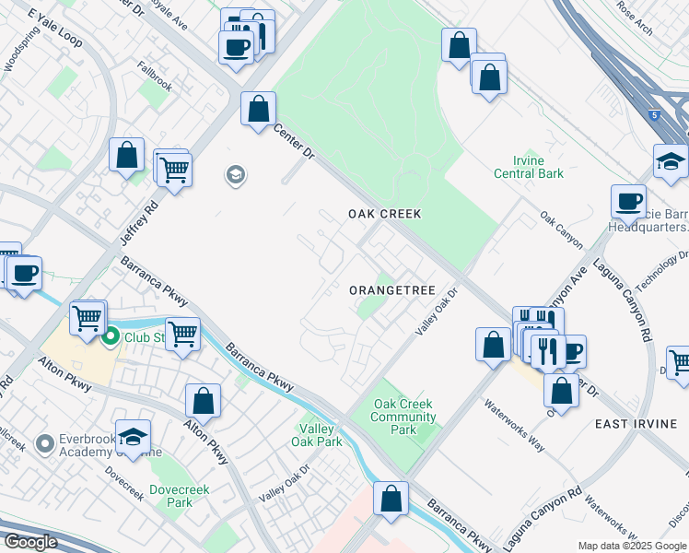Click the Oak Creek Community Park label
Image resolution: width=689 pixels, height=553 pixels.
[x=403, y=418]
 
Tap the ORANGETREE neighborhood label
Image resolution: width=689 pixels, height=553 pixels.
[x=391, y=290]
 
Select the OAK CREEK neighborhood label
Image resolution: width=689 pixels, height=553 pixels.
[x=384, y=214]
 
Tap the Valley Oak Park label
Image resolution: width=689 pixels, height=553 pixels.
[x=321, y=434]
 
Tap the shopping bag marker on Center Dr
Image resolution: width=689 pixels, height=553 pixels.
[x=258, y=108]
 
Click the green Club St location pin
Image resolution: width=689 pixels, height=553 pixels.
[x=111, y=337]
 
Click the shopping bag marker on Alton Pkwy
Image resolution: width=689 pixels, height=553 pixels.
[x=203, y=401]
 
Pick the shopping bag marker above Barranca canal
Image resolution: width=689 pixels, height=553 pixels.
[x=391, y=498]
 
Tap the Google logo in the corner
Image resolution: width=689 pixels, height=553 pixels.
[x=29, y=542]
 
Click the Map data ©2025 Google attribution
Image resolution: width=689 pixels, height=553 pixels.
[x=632, y=546]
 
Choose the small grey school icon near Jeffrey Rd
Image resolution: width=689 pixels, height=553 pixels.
[x=235, y=175]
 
